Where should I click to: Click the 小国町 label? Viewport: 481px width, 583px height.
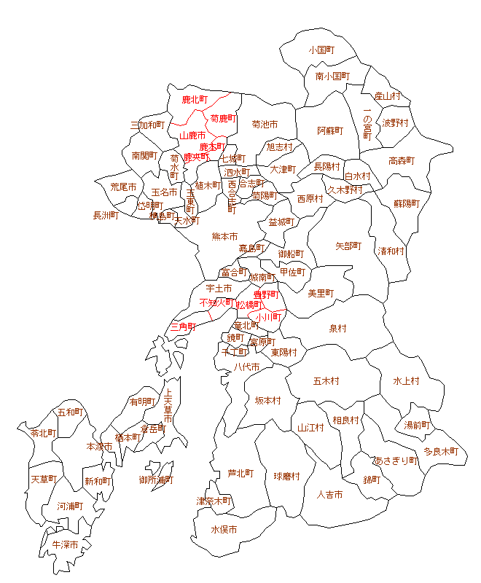(x=321, y=50)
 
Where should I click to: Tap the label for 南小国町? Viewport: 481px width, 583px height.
(x=332, y=76)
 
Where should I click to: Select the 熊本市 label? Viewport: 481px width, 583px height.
(x=224, y=237)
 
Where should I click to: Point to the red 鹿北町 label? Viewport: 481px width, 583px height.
(x=195, y=99)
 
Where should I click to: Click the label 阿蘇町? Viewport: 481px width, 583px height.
(x=329, y=131)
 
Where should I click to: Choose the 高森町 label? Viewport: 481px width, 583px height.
(x=402, y=161)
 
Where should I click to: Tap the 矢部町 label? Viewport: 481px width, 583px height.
(x=348, y=246)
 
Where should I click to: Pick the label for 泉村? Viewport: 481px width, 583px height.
(x=338, y=329)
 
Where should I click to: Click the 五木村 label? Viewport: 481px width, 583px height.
(x=326, y=380)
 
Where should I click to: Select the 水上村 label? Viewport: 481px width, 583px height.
(x=406, y=380)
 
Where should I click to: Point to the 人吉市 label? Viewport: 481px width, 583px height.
(x=330, y=495)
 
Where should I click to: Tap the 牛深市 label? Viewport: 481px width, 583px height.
(x=65, y=544)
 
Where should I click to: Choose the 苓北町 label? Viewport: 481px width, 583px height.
(x=43, y=433)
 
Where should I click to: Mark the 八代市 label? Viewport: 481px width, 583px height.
(x=246, y=367)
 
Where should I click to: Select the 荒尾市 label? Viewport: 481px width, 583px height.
(x=123, y=187)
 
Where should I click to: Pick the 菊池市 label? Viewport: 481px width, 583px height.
(x=265, y=125)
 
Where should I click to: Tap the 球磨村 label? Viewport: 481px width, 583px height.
(x=287, y=477)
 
